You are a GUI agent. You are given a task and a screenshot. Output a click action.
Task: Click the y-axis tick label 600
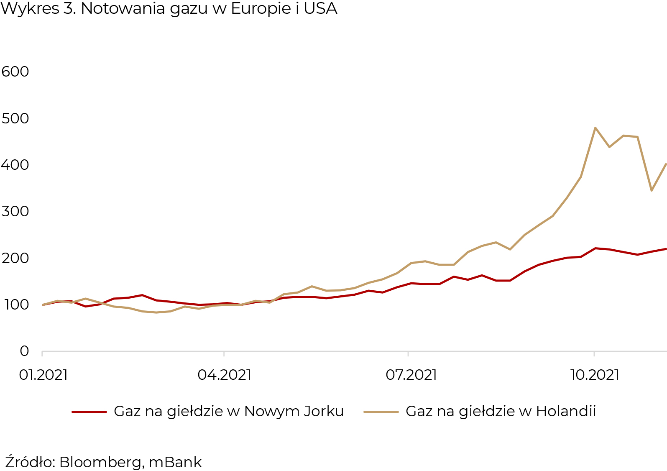(x=15, y=72)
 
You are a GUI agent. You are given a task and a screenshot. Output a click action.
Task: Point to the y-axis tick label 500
(x=15, y=118)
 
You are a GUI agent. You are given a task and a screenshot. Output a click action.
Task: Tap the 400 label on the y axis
(x=15, y=165)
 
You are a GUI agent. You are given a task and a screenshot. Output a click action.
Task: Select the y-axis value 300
(x=15, y=211)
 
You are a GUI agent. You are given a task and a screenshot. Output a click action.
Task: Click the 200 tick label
(x=15, y=258)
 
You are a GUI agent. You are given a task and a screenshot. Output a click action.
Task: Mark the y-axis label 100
(x=15, y=305)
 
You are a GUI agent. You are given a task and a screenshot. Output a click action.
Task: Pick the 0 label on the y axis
(x=24, y=351)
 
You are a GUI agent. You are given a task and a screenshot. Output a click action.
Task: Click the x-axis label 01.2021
(x=43, y=375)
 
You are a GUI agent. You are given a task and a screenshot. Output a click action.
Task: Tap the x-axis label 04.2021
(x=225, y=375)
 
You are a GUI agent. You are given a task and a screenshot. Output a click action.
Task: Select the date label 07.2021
(x=411, y=375)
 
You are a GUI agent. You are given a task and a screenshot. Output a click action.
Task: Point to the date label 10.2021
(x=595, y=375)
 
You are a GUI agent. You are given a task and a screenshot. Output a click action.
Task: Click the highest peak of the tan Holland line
(x=595, y=128)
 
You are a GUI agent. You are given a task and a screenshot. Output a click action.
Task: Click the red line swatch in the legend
(x=89, y=412)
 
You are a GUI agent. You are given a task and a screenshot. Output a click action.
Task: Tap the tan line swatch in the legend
(x=381, y=412)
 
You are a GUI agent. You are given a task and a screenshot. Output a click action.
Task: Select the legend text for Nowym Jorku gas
(x=229, y=412)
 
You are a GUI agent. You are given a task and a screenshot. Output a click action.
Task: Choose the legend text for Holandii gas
(x=501, y=412)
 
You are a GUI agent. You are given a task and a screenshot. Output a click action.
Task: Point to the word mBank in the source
(x=175, y=462)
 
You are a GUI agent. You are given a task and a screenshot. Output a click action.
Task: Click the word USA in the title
(x=320, y=9)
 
